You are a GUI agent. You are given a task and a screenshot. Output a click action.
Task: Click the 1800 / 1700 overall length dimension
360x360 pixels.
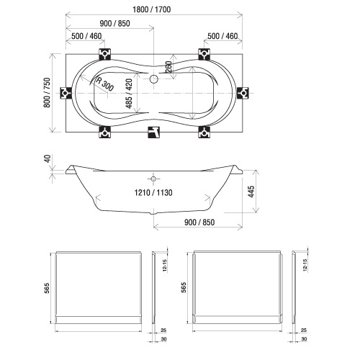click(x=152, y=9)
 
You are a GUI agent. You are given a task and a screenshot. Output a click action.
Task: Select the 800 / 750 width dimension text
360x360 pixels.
click(x=48, y=92)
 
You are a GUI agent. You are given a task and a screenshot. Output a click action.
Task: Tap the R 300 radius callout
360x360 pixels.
click(x=104, y=84)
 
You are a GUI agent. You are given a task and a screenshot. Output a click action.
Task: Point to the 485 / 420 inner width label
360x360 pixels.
click(x=129, y=94)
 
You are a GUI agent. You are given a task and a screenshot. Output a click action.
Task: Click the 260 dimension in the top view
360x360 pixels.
click(x=168, y=67)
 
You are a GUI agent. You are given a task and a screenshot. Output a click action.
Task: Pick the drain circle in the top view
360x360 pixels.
click(x=153, y=78)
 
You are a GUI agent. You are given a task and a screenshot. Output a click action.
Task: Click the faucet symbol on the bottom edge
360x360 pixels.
click(x=153, y=132)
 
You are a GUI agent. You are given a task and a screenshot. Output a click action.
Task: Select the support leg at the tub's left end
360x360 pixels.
click(x=66, y=93)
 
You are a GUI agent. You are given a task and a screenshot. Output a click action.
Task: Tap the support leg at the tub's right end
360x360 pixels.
click(x=243, y=93)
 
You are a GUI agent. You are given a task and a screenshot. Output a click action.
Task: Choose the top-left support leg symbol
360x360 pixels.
click(x=105, y=54)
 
